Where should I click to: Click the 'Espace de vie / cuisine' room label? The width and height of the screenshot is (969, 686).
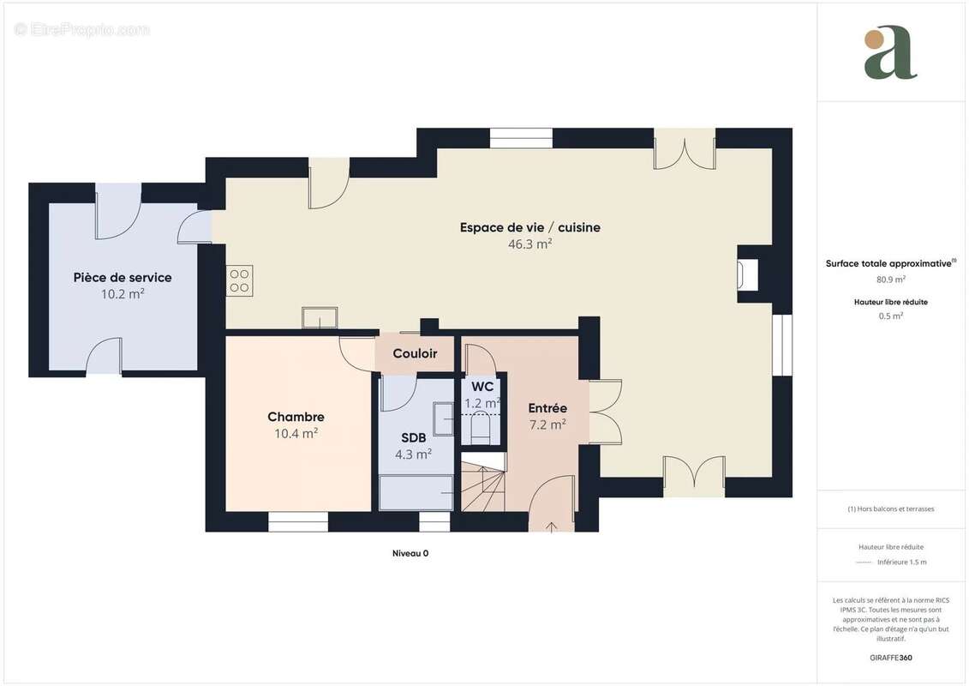point(529,227)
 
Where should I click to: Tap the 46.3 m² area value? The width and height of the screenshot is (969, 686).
point(529,244)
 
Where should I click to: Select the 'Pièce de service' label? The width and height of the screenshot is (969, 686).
point(123,277)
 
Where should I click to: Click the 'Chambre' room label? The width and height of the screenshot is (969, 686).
point(296,417)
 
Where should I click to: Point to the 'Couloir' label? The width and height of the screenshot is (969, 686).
point(415,353)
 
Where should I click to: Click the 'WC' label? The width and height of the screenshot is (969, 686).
point(482,387)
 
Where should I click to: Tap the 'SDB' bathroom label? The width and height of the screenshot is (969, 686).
point(413,438)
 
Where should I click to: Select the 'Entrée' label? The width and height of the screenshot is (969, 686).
point(547,408)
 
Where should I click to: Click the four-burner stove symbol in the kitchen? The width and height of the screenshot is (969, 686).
point(239,281)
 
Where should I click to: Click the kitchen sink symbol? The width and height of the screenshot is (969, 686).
point(320,317)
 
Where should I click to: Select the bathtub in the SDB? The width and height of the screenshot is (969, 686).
point(416,493)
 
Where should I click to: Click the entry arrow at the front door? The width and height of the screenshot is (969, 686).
point(551,526)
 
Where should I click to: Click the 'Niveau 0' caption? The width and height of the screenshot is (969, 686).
point(410,554)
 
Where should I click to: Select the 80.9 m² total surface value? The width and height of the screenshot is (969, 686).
point(890,279)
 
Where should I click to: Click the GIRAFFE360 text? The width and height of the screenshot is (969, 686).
point(890,658)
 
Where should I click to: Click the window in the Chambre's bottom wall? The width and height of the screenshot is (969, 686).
point(298,521)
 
